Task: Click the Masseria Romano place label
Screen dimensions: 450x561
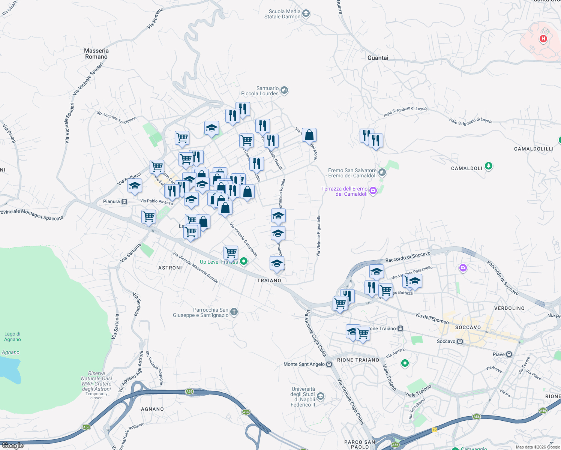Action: [x=96, y=54]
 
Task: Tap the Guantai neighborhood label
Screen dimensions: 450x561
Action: [x=378, y=58]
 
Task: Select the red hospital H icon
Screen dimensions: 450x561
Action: [x=543, y=39]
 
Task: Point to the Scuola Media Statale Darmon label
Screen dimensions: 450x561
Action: [x=282, y=14]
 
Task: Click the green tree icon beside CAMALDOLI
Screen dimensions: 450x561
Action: [x=488, y=166]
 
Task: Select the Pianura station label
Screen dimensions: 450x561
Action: [x=111, y=201]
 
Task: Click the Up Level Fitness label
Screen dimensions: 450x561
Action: [x=219, y=262]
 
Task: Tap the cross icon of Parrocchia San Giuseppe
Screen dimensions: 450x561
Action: [x=234, y=312]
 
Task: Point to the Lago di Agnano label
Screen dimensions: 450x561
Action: [x=12, y=336]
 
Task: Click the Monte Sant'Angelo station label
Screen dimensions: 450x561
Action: [x=304, y=364]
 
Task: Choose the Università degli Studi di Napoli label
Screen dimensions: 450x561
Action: [x=303, y=397]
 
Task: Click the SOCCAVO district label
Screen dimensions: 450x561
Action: [x=468, y=327]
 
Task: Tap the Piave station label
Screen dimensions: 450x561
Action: [x=499, y=354]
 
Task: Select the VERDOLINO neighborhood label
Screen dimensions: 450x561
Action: [x=509, y=308]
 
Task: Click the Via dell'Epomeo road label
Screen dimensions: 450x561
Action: [x=432, y=318]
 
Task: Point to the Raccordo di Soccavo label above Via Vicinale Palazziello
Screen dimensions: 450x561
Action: [x=408, y=257]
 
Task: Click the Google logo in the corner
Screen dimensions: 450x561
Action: [x=13, y=445]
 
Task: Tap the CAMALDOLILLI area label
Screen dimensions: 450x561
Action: [x=534, y=149]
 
